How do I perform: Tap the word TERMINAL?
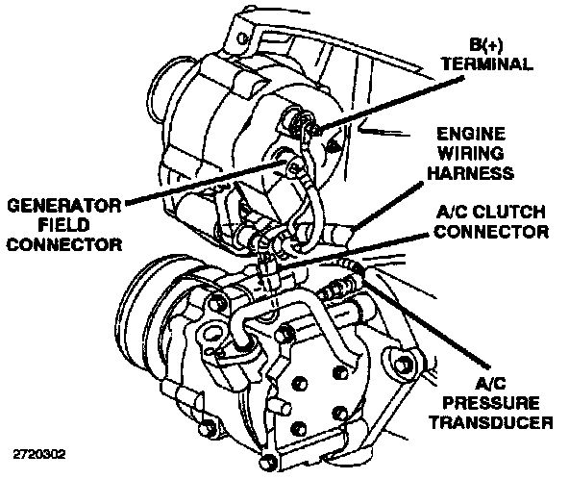coord(487,64)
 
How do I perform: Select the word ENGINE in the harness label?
coord(471,134)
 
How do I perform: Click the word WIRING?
coord(471,153)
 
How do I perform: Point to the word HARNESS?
coord(471,172)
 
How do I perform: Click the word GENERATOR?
coord(63,206)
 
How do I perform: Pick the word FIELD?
coord(63,225)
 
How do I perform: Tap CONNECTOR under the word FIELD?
coord(64,244)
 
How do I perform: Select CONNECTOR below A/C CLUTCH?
coord(491,232)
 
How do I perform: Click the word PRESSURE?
coord(491,403)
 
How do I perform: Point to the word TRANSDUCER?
coord(491,422)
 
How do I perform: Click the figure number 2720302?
coord(39,455)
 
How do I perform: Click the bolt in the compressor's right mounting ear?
coord(402,364)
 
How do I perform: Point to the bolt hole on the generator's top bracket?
coord(242,38)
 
